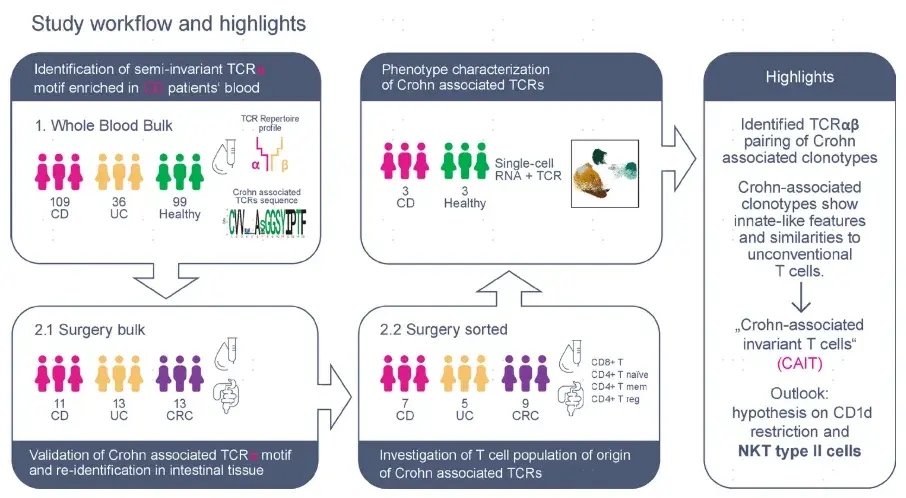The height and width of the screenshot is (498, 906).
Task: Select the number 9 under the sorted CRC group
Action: point(526,403)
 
